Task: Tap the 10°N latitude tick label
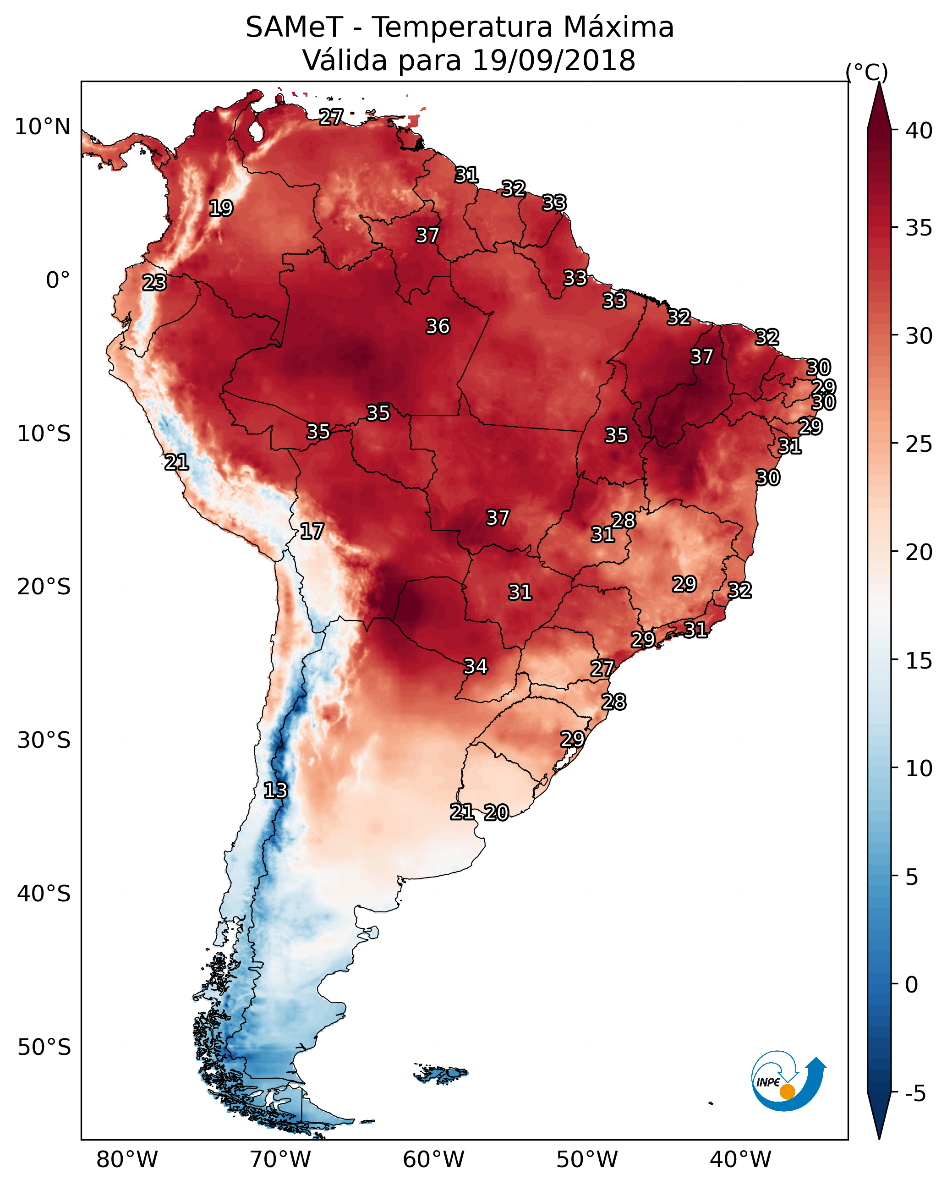click(42, 127)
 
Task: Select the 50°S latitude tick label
click(44, 1048)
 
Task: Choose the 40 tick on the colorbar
click(919, 131)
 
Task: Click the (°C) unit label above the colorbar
click(867, 72)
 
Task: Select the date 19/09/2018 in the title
click(553, 60)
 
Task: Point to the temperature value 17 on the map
click(312, 532)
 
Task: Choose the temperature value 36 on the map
click(438, 326)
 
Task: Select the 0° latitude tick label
click(58, 280)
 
